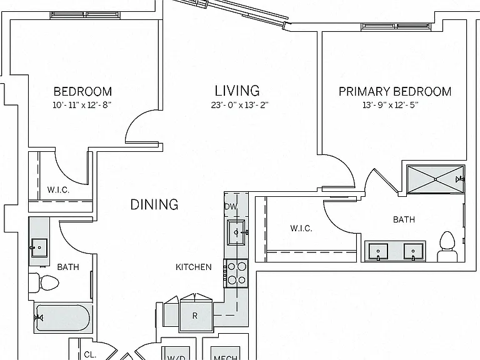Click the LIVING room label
(x=237, y=91)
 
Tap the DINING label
(x=154, y=204)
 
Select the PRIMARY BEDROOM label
(x=395, y=91)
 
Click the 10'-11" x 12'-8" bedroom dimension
(x=82, y=105)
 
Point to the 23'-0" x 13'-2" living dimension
(x=240, y=105)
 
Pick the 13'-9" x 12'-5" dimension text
(x=390, y=105)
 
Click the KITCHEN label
(x=194, y=267)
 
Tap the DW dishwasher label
(x=231, y=207)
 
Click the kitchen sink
(x=236, y=232)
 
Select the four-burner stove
(x=236, y=273)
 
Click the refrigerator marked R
(x=196, y=316)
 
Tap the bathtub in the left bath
(x=62, y=318)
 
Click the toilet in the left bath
(x=44, y=282)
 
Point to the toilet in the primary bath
(x=447, y=247)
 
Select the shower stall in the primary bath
(x=436, y=179)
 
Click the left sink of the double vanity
(x=378, y=252)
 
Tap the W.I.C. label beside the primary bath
(x=301, y=228)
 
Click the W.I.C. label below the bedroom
(x=58, y=190)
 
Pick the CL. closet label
(x=90, y=355)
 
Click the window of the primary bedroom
(x=396, y=27)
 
